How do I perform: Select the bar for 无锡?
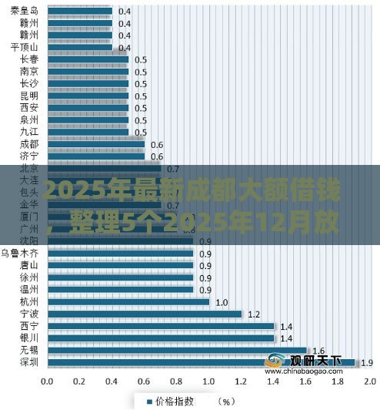tap(178, 349)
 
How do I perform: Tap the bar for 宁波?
tap(145, 314)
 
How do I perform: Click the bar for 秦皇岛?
tap(81, 11)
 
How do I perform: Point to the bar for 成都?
tap(97, 144)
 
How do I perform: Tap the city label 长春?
tap(29, 59)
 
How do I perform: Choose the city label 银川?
tap(29, 338)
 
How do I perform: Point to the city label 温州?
tap(29, 289)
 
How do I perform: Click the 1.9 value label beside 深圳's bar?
tap(366, 362)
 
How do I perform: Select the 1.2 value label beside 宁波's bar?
tap(253, 314)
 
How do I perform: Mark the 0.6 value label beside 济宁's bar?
tap(157, 156)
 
